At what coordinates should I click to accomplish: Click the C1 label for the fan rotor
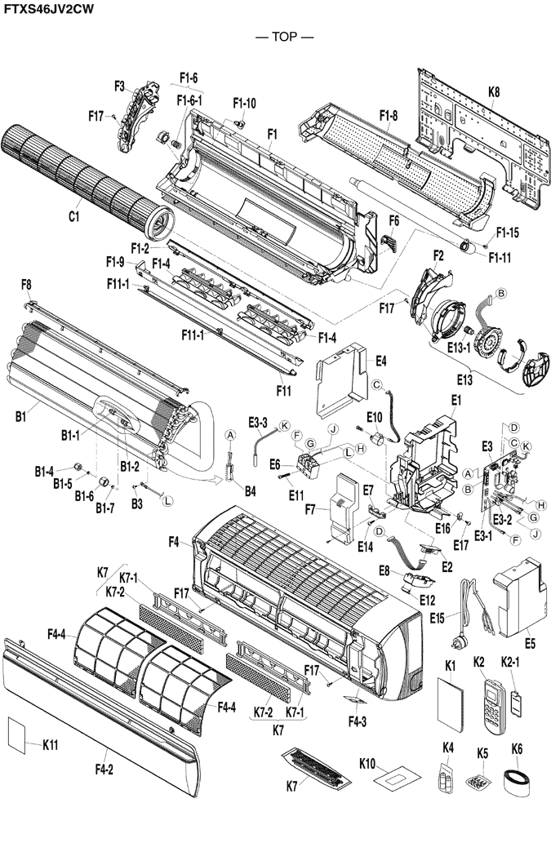[x=73, y=216]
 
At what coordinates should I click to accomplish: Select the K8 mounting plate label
[x=494, y=92]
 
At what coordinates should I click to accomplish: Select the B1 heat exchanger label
[x=20, y=418]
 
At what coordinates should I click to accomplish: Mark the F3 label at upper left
[x=119, y=86]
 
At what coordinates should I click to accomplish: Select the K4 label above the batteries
[x=448, y=747]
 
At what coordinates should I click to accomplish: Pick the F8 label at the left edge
[x=26, y=284]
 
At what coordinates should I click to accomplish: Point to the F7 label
[x=309, y=510]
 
